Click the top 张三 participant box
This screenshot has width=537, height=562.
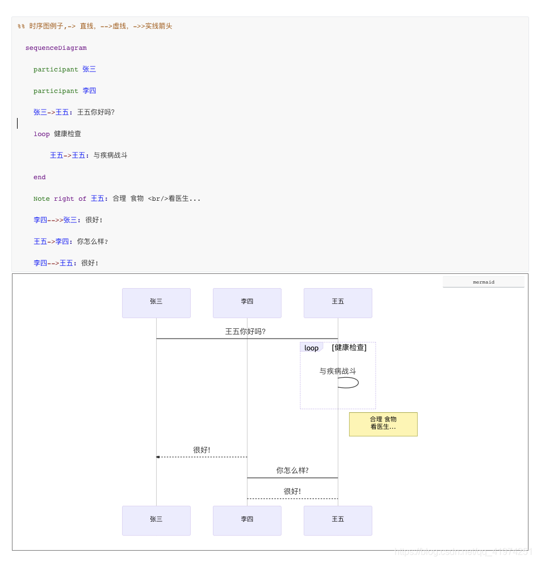(x=156, y=303)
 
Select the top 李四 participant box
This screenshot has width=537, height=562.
(x=247, y=303)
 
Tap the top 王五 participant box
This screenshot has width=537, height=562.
(x=338, y=303)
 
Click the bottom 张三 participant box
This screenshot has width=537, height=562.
(x=156, y=521)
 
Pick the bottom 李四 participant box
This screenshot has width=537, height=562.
(x=247, y=521)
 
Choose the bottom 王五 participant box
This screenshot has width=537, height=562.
(x=338, y=521)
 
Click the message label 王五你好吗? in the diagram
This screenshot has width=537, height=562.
(x=245, y=332)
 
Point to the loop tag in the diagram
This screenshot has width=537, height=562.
(x=311, y=348)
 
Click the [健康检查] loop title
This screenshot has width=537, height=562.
(x=349, y=348)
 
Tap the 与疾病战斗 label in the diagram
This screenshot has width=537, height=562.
(x=338, y=371)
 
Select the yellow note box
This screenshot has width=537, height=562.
(x=383, y=424)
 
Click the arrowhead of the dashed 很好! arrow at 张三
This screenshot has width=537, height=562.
(x=158, y=457)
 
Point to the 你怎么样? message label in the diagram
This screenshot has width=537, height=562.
(x=292, y=471)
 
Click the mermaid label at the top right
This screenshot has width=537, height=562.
(x=484, y=282)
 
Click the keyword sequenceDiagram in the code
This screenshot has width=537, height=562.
(x=56, y=48)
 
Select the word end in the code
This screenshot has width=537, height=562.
(x=40, y=178)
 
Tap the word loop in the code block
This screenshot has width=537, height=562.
(x=41, y=134)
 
